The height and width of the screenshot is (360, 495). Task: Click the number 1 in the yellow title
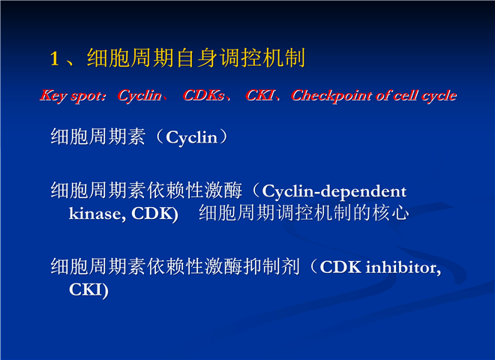click(x=55, y=58)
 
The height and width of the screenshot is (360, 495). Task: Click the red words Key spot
click(x=72, y=96)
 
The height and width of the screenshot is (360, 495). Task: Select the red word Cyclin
click(x=139, y=95)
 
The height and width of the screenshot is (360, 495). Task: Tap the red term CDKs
click(x=203, y=95)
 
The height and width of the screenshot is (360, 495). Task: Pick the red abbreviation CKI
click(x=259, y=95)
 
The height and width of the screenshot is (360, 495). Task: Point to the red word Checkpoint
click(x=331, y=96)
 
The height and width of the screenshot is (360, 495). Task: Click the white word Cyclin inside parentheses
click(x=192, y=138)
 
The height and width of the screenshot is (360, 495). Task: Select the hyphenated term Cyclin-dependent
click(x=334, y=192)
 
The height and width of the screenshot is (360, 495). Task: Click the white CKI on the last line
click(x=85, y=289)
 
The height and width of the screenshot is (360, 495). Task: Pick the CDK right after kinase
click(x=152, y=214)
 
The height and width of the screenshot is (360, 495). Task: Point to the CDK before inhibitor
click(x=340, y=267)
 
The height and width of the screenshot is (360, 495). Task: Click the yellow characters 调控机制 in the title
click(x=262, y=58)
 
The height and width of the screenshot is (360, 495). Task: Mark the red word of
click(x=385, y=95)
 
